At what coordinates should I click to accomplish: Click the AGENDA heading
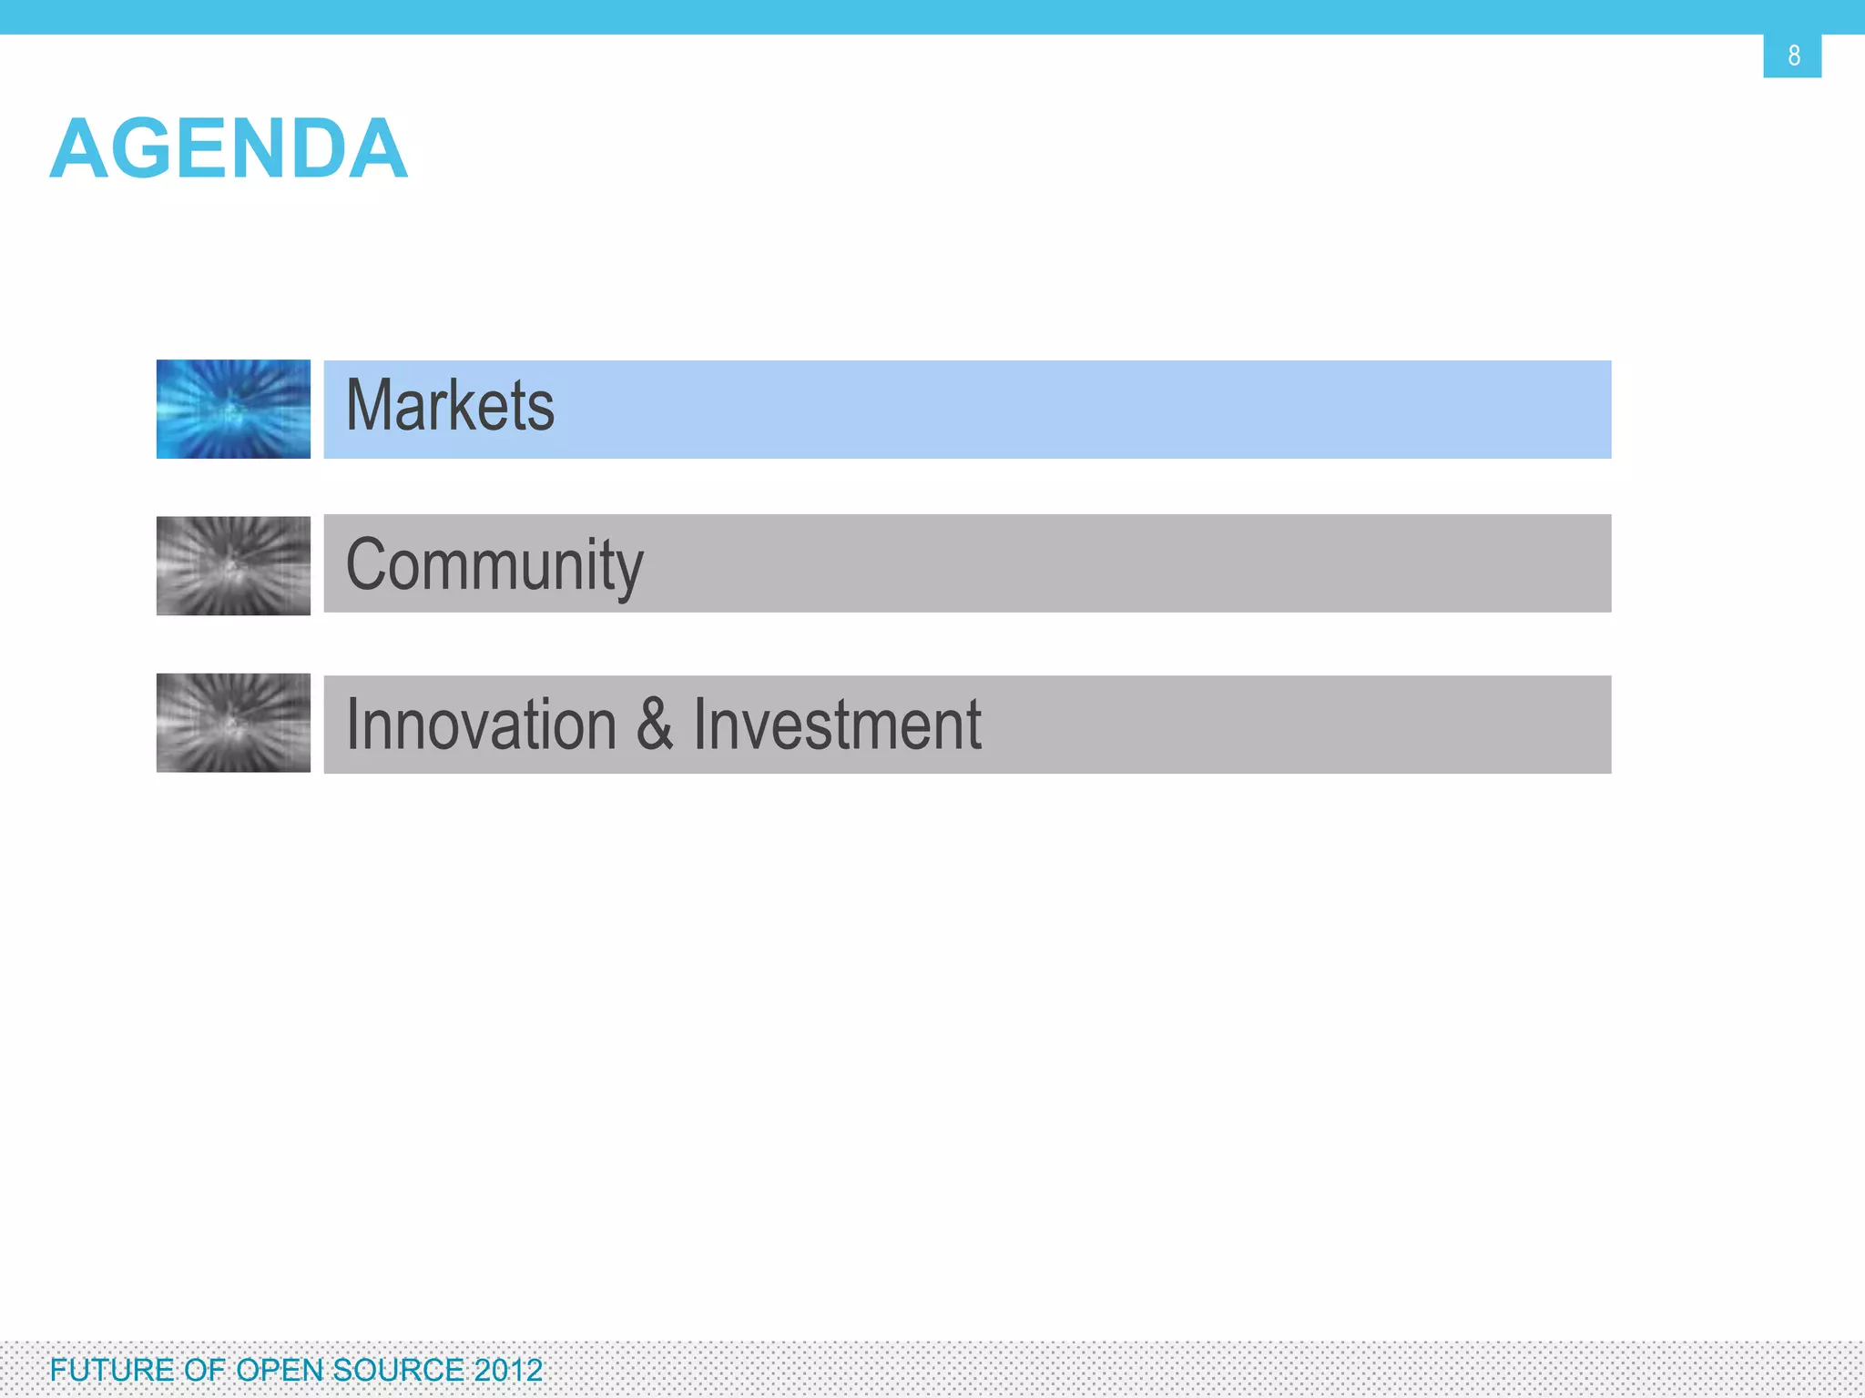coord(229,148)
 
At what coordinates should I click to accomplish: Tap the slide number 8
coord(1793,56)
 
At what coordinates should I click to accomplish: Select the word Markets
coord(450,406)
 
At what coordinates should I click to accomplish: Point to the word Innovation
coord(482,725)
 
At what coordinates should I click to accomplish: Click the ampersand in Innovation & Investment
coord(655,724)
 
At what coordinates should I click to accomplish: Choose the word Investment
coord(837,725)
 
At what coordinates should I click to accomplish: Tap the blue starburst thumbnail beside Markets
coord(233,410)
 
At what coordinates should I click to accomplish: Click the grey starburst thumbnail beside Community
coord(233,566)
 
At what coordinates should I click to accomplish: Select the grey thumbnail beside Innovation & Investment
coord(233,724)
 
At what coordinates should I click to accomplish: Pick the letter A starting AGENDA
coord(79,148)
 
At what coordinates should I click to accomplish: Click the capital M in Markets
coord(370,406)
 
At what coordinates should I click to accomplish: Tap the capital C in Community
coord(368,564)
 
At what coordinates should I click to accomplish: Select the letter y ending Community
coord(629,572)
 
